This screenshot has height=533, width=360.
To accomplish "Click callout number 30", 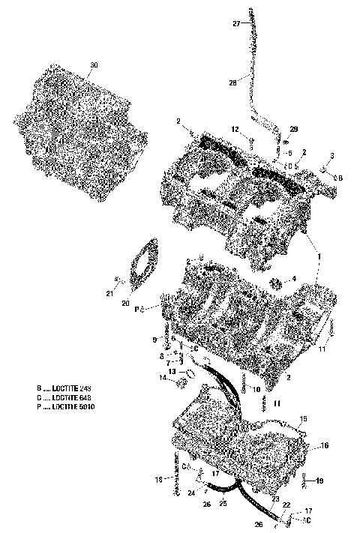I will coord(94,65).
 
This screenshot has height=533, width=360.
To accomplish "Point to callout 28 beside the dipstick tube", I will coord(232,82).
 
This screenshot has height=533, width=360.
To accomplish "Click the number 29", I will coord(293,130).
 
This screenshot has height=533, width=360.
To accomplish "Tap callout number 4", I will coord(294,278).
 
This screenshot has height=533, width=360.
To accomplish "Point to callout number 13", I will coord(171,370).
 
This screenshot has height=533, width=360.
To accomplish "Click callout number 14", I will coord(162,379).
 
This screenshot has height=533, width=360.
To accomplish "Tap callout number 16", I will coord(325,445).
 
